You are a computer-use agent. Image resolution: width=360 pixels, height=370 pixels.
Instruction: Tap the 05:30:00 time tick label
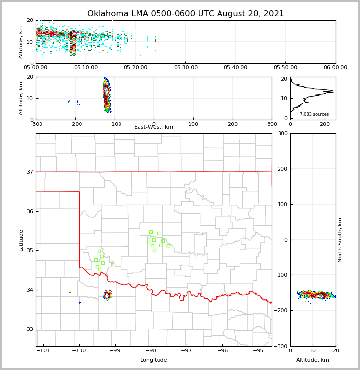[x=185, y=68]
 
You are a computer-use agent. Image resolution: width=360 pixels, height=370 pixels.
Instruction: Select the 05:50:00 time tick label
[x=285, y=68]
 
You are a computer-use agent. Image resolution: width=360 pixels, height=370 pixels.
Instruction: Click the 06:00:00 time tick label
[x=335, y=68]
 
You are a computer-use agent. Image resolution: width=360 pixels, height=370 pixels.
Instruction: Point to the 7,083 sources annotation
[x=314, y=114]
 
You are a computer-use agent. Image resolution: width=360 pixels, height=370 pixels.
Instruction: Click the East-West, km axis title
[x=154, y=127]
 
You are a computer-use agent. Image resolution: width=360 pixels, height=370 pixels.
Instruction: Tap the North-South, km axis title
[x=340, y=240]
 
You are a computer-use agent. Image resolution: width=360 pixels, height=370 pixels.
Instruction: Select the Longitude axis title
[x=154, y=360]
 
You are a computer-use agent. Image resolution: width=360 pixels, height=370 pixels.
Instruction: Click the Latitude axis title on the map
[x=21, y=240]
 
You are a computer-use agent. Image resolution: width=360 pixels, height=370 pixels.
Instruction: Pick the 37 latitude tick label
[x=30, y=172]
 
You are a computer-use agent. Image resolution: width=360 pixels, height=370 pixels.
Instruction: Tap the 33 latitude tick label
[x=30, y=329]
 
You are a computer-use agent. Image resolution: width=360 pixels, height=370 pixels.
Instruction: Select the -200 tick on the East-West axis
[x=75, y=124]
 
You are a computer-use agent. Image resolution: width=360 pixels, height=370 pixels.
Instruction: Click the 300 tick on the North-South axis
[x=281, y=133]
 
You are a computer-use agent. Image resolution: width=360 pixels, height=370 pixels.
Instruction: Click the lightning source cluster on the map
[x=107, y=295]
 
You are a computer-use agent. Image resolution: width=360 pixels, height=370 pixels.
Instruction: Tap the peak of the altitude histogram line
[x=333, y=91]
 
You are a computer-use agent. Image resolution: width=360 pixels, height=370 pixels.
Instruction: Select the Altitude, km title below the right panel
[x=313, y=360]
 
